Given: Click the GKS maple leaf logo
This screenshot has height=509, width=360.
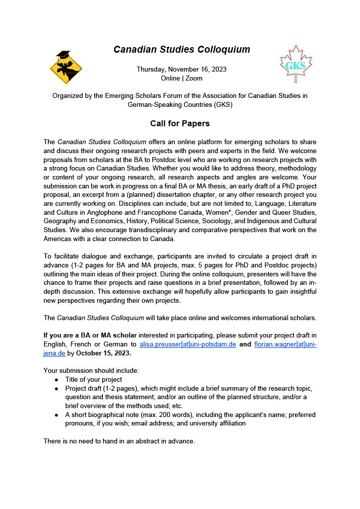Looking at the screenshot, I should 296,64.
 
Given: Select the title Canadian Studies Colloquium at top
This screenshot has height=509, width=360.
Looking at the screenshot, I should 181,49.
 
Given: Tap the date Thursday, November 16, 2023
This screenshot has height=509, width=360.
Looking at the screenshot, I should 181,69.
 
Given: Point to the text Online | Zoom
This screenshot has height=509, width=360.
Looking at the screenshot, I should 181,78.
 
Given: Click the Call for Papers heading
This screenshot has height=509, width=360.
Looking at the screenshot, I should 180,123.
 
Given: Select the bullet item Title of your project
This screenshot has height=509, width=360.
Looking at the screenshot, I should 93,379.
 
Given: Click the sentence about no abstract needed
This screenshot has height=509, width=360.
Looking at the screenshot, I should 119,440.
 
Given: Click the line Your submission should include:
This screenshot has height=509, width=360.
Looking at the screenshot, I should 91,370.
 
